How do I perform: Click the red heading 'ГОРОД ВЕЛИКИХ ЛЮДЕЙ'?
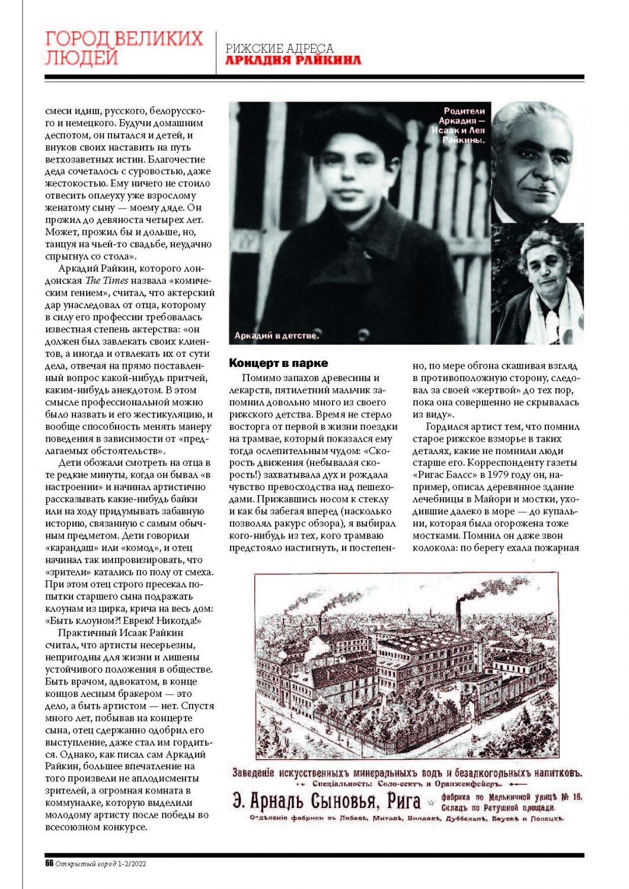pyautogui.click(x=124, y=48)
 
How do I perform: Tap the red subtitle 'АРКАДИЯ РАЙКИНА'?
pyautogui.click(x=293, y=60)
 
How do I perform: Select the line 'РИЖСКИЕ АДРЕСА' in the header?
pyautogui.click(x=280, y=48)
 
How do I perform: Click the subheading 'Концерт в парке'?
pyautogui.click(x=279, y=363)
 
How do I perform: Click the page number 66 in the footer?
pyautogui.click(x=49, y=864)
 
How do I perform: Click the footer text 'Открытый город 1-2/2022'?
pyautogui.click(x=101, y=864)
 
